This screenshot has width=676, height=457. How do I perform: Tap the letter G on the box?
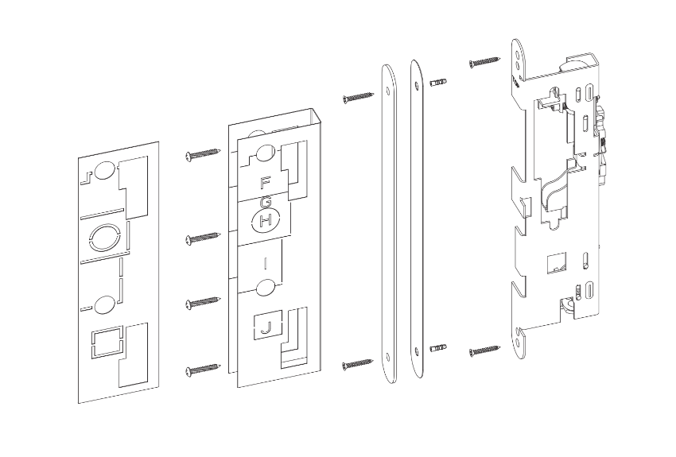click(266, 203)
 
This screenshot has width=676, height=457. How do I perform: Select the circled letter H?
click(266, 219)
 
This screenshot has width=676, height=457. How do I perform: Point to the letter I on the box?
click(265, 261)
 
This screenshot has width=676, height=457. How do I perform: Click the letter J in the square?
click(267, 327)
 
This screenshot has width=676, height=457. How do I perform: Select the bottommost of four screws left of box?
click(202, 369)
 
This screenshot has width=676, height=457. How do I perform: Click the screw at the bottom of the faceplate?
click(358, 364)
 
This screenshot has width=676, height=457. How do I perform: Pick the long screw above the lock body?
click(484, 60)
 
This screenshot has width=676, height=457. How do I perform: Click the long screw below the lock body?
click(484, 348)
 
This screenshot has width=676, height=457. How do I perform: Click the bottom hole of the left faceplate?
click(387, 355)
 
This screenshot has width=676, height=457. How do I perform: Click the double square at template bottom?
click(105, 344)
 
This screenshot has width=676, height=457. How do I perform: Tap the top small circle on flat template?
click(103, 169)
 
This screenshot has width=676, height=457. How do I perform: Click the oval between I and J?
click(266, 286)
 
